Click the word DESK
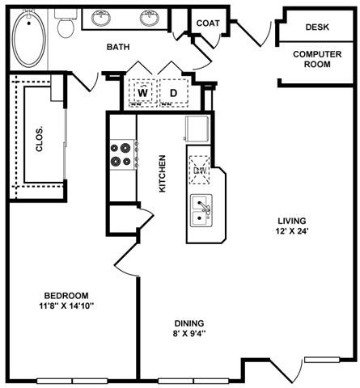[x=317, y=27]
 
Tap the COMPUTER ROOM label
[x=317, y=59]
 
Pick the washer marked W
[x=142, y=93]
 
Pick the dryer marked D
[x=173, y=93]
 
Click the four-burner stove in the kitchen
[x=121, y=154]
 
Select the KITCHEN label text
[x=162, y=173]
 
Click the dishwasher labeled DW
[x=201, y=169]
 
